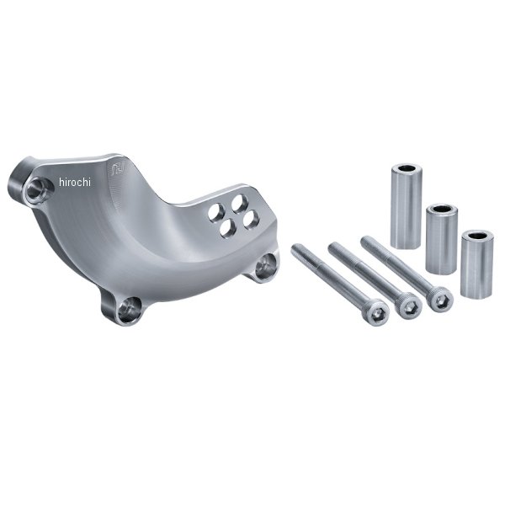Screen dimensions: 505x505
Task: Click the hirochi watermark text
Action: (x=75, y=183)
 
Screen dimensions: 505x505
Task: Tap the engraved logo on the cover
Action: (x=115, y=169)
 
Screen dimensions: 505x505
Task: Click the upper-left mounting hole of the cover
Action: (x=39, y=190)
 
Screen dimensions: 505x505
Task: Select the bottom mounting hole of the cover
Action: (x=129, y=309)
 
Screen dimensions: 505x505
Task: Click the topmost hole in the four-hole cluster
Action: (x=239, y=204)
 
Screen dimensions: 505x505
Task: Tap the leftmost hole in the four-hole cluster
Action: (x=216, y=213)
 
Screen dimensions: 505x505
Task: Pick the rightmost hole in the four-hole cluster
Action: (x=251, y=220)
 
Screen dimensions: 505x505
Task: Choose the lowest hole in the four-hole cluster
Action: (x=228, y=229)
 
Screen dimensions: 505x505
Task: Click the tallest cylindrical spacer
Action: (x=407, y=206)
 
